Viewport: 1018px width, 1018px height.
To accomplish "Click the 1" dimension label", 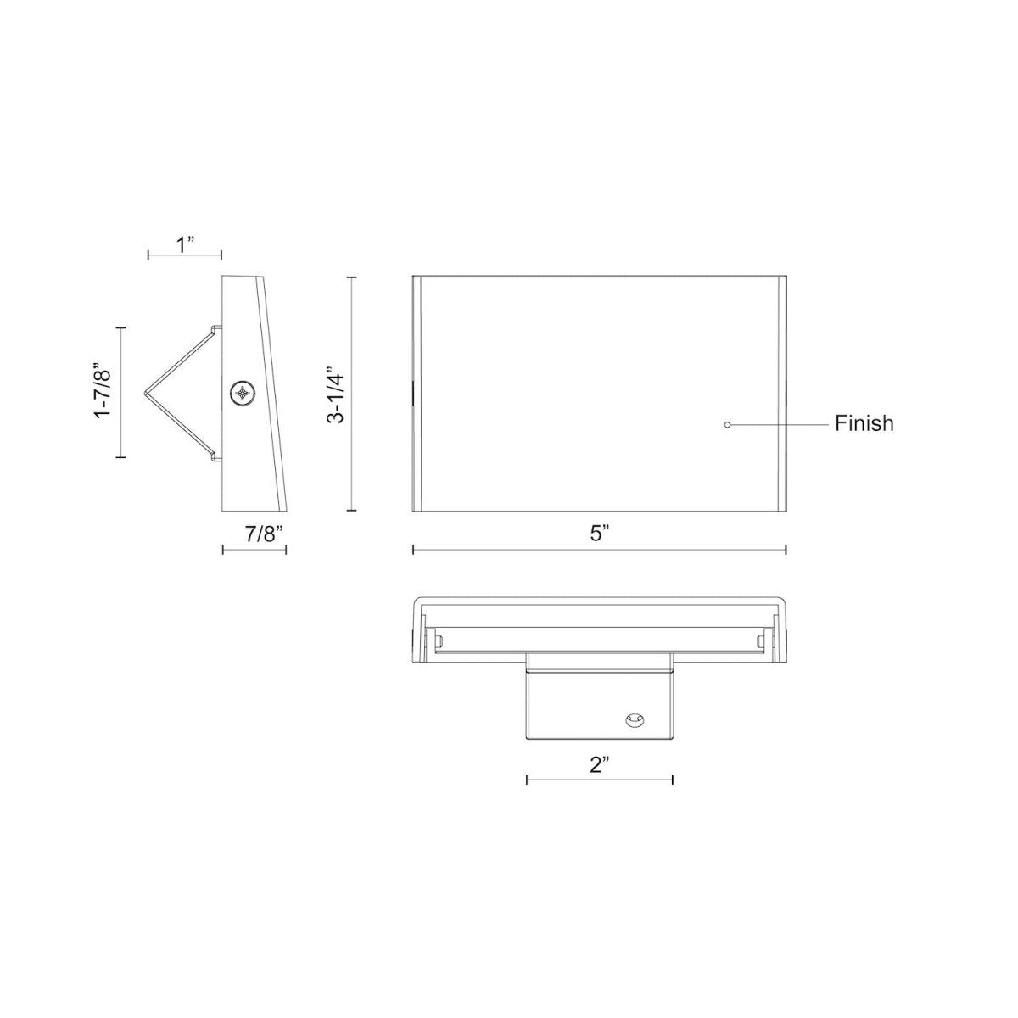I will (x=185, y=245).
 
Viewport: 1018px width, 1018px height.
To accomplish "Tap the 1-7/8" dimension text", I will (x=104, y=391).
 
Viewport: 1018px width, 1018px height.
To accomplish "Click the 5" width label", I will (x=600, y=534).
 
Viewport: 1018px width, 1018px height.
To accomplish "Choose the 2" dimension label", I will (x=600, y=764).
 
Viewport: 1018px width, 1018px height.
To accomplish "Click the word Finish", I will (x=864, y=423).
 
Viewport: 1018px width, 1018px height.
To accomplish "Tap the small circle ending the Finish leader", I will (x=727, y=423).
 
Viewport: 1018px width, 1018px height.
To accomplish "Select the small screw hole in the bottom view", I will (x=632, y=720).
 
